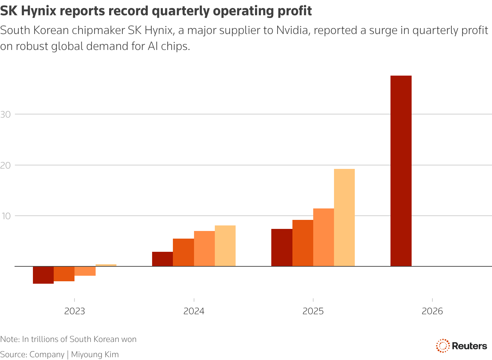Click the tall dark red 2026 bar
tap(401, 171)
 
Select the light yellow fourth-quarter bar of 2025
tap(344, 217)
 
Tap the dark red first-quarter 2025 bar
tap(282, 248)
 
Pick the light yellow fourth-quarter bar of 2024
tap(225, 246)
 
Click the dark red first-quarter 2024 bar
tap(162, 259)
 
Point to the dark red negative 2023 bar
tap(43, 275)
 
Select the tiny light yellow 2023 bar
tap(106, 265)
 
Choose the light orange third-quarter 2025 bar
tap(323, 237)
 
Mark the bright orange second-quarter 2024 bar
tap(183, 252)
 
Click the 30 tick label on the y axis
tap(6, 114)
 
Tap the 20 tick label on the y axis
tap(6, 165)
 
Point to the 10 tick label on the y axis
tap(6, 216)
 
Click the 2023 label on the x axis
tap(74, 311)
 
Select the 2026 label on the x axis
tap(432, 311)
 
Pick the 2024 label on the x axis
tap(194, 311)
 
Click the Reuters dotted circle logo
tap(442, 346)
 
